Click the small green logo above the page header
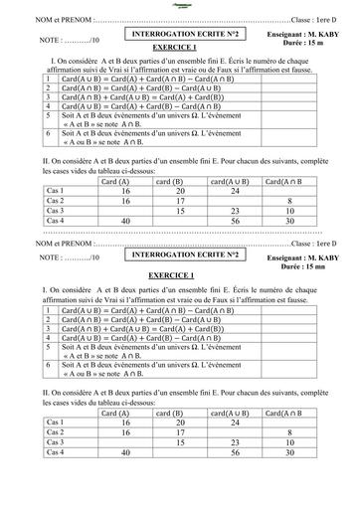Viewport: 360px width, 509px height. [180, 4]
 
